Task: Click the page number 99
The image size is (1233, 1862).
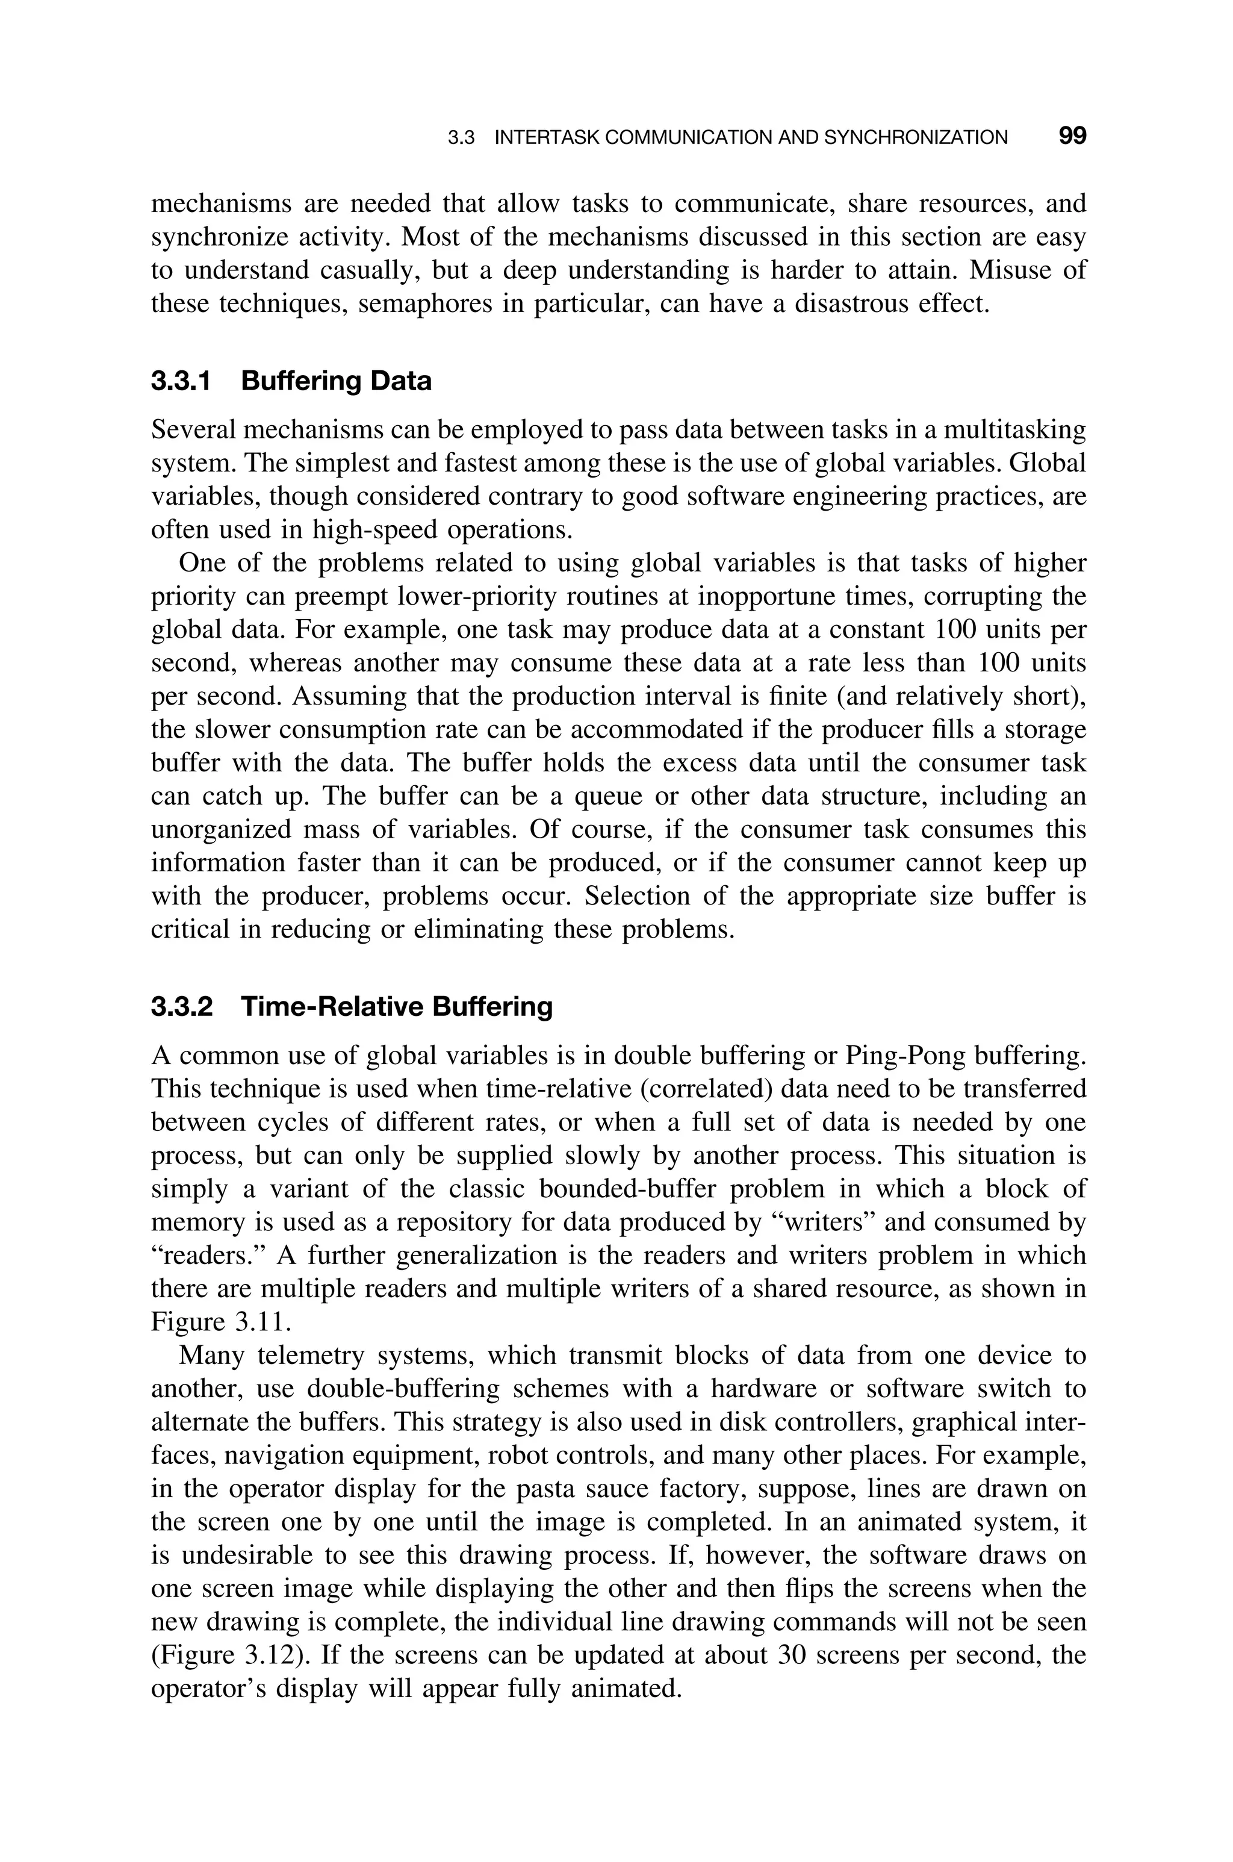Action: (x=1072, y=136)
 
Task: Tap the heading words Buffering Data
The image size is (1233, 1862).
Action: (x=336, y=381)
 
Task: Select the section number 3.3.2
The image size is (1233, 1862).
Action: (x=182, y=1006)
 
